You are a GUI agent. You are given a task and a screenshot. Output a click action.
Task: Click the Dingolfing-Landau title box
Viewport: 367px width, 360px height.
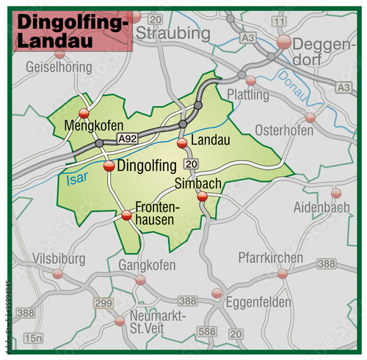coord(71,33)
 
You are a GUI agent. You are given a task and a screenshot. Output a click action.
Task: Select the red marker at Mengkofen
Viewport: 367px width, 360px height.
coord(84,114)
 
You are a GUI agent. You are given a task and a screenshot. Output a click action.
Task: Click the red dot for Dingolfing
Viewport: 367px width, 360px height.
coord(109,166)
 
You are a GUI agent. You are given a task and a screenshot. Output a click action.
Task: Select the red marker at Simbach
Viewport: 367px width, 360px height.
coord(203,196)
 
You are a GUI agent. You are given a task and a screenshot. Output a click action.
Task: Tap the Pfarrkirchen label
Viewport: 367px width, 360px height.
coord(270,258)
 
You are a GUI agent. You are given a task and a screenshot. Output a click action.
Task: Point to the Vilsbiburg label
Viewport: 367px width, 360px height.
coord(59,259)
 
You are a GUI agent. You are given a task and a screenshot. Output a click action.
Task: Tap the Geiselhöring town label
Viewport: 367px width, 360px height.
coord(58,67)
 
